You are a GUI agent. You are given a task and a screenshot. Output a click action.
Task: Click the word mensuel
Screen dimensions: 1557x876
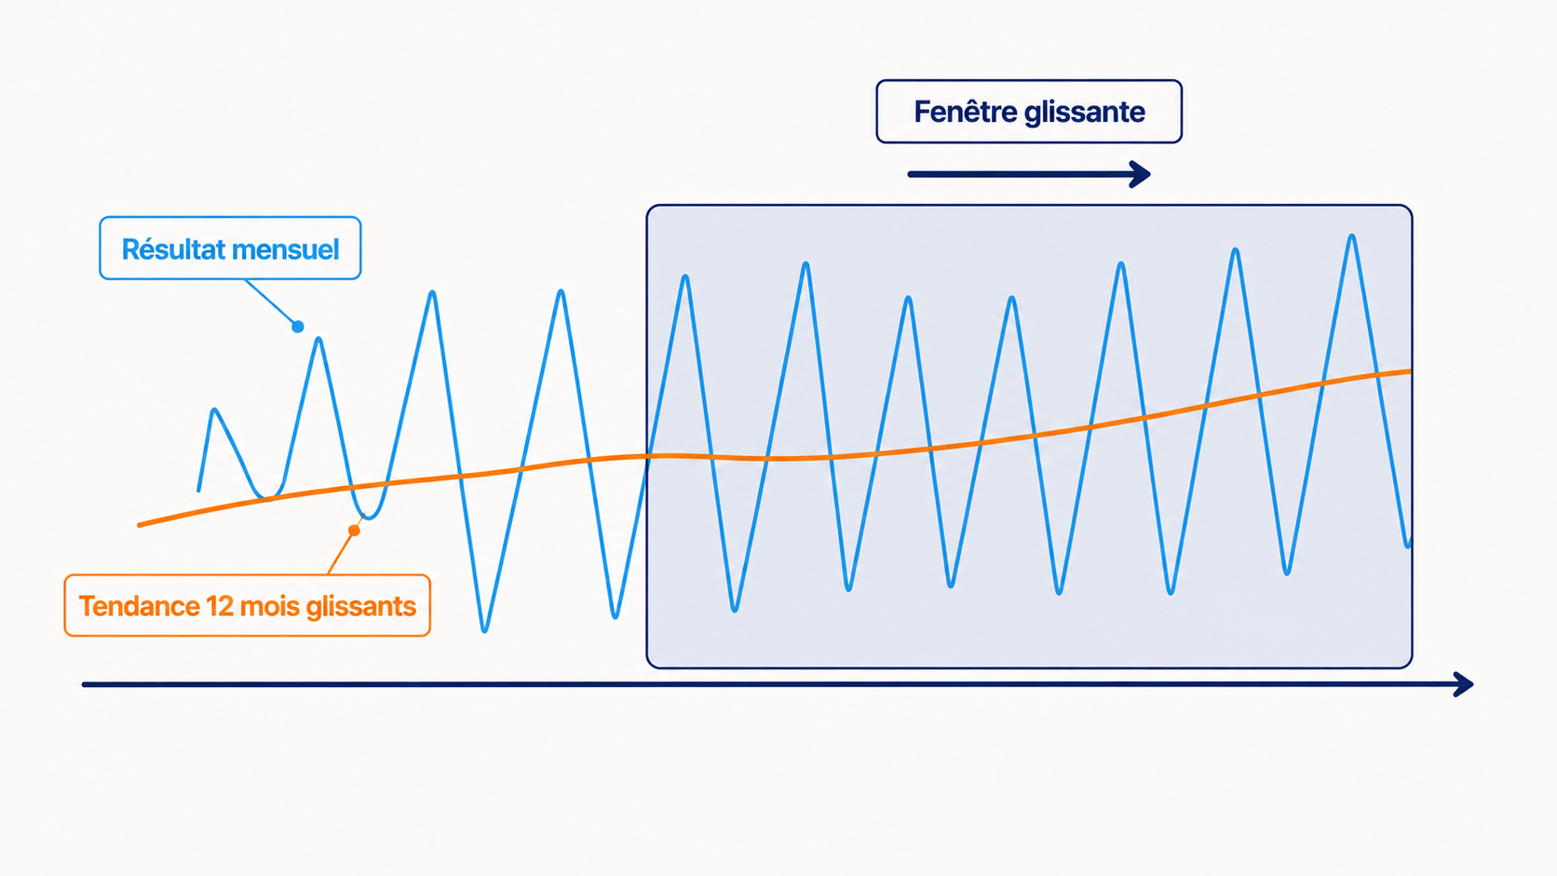(x=286, y=249)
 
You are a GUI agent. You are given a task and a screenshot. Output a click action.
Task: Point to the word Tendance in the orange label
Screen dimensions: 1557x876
(x=138, y=606)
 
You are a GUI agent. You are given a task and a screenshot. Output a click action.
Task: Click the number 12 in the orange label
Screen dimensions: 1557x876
(x=219, y=606)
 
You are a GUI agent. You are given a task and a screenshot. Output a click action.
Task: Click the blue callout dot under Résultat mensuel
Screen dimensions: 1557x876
(x=297, y=327)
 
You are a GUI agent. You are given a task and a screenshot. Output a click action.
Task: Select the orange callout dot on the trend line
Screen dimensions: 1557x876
(x=354, y=531)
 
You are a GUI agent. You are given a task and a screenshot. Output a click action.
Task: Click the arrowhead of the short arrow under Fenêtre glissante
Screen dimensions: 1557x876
(x=1141, y=174)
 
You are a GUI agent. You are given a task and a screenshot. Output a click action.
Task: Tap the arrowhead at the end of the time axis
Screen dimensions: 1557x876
(x=1464, y=684)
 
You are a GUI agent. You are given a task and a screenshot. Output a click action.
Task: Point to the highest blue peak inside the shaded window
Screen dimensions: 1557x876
(x=1352, y=236)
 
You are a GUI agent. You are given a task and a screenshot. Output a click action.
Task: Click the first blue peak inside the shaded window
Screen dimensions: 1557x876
(x=685, y=277)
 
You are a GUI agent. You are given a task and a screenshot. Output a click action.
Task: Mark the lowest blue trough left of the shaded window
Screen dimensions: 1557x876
(x=484, y=630)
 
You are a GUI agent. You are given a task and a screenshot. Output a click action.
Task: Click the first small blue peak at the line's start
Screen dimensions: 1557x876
(x=215, y=411)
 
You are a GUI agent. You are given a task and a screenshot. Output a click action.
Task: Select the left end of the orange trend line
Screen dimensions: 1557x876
(x=140, y=525)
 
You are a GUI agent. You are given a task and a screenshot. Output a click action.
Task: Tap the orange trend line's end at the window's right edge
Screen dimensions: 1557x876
(x=1410, y=371)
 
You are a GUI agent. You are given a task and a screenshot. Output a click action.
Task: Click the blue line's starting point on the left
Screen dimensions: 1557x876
(x=198, y=491)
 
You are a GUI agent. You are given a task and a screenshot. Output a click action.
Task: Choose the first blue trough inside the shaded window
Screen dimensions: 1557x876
(x=735, y=609)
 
